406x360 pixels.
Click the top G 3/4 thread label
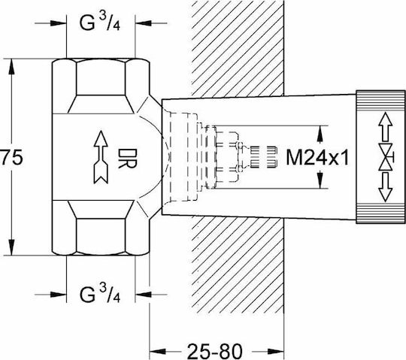(x=100, y=22)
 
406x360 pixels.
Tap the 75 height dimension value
(x=11, y=157)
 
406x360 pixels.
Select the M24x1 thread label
(x=317, y=157)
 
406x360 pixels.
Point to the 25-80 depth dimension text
(x=214, y=351)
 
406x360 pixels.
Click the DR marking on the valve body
(x=126, y=159)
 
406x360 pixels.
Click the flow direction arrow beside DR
(x=101, y=157)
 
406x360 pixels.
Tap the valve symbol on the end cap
(x=386, y=157)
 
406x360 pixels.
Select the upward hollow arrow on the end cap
(x=385, y=127)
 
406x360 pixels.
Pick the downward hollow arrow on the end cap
(x=385, y=187)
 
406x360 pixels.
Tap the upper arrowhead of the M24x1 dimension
(x=320, y=134)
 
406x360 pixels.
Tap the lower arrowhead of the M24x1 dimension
(x=320, y=180)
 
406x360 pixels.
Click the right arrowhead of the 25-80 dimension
(x=276, y=351)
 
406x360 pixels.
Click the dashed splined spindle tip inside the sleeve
(x=263, y=157)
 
